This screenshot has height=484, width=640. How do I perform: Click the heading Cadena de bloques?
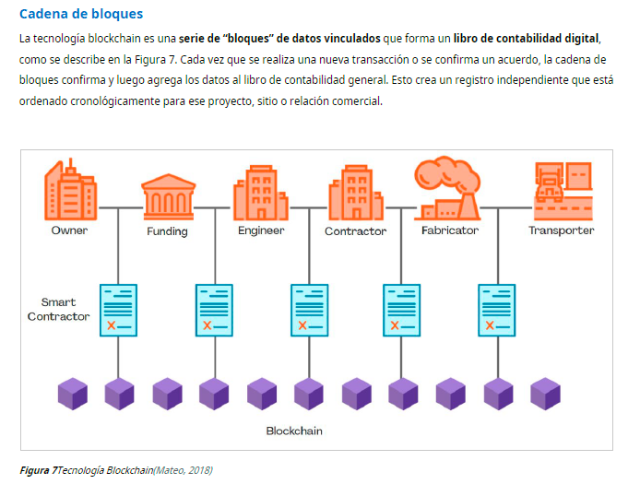[81, 15]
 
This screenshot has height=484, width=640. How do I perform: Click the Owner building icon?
[71, 190]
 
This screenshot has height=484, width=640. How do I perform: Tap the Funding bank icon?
[167, 195]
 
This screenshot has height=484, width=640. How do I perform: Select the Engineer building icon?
[261, 191]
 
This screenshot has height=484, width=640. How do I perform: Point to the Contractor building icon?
[355, 191]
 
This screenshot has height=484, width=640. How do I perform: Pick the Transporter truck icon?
[562, 188]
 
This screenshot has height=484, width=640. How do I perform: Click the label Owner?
[69, 230]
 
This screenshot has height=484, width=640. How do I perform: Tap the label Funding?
[167, 231]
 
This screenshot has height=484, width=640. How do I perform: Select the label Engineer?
[261, 230]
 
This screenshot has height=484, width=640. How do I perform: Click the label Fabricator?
[450, 230]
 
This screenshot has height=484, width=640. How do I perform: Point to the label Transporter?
[561, 230]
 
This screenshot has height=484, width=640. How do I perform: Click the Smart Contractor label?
[59, 310]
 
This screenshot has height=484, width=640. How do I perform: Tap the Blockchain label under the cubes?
[294, 431]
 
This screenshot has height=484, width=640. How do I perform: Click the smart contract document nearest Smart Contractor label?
[118, 310]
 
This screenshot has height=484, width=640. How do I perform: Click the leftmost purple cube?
[72, 393]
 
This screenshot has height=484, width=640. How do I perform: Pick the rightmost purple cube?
[545, 393]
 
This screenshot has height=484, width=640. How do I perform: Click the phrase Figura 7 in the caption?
[37, 471]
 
